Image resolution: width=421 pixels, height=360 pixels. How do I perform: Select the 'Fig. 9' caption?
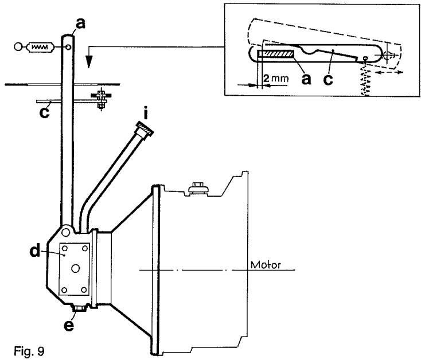(x=17, y=349)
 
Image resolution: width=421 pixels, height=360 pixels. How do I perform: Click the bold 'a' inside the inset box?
(x=306, y=79)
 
